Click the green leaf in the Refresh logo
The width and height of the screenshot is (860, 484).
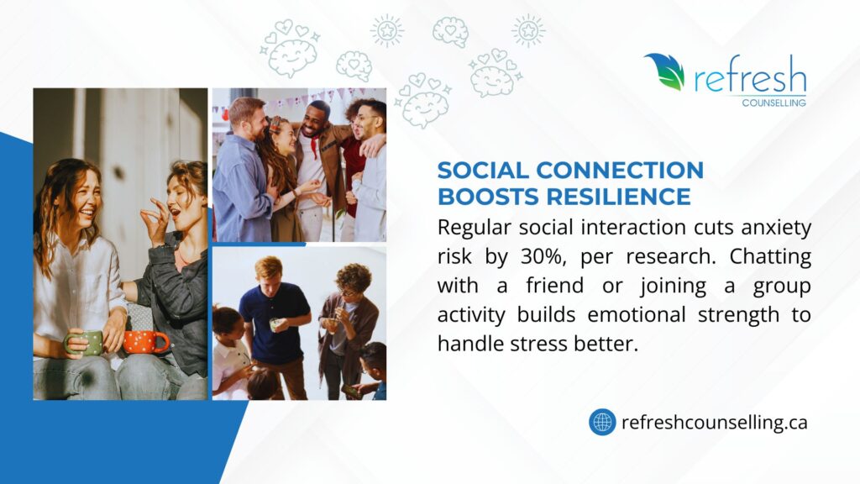pos(666,71)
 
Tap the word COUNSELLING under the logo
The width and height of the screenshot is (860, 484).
pos(773,103)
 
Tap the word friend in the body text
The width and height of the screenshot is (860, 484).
pos(554,286)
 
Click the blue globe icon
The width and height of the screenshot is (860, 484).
pos(602,422)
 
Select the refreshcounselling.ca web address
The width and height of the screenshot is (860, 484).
pos(715,423)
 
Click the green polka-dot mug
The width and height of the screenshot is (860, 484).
pos(84,343)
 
